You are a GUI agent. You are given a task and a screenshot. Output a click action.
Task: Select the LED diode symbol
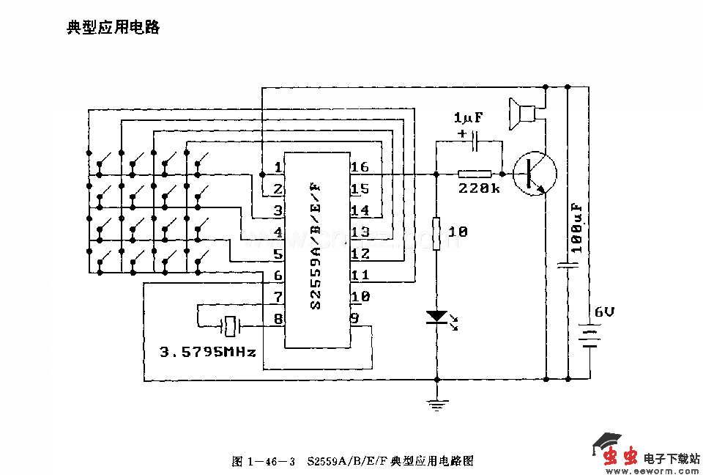[x=436, y=317]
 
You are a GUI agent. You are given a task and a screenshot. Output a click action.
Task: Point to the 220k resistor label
[x=479, y=188]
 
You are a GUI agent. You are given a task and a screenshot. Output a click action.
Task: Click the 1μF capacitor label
[x=469, y=118]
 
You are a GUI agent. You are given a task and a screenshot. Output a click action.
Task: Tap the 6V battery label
[x=604, y=312]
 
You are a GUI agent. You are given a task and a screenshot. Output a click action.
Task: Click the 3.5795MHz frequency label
[x=208, y=352]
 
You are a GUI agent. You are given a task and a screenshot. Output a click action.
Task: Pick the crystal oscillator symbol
[x=231, y=323]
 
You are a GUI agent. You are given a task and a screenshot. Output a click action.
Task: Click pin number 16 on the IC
[x=360, y=167]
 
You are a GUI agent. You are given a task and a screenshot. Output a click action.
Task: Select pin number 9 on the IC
[x=354, y=318]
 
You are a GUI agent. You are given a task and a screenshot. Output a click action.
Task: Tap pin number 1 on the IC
[x=278, y=167]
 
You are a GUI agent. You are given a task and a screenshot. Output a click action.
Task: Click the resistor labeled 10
[x=436, y=233]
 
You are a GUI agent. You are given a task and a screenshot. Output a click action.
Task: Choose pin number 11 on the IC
[x=360, y=275]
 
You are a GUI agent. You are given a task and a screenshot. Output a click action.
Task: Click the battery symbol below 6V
[x=589, y=339]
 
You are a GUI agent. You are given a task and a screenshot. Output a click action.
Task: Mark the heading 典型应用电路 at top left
[x=113, y=29]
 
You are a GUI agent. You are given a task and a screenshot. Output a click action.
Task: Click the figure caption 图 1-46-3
[x=264, y=461]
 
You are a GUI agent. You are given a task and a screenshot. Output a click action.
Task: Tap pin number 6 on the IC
[x=278, y=275]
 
